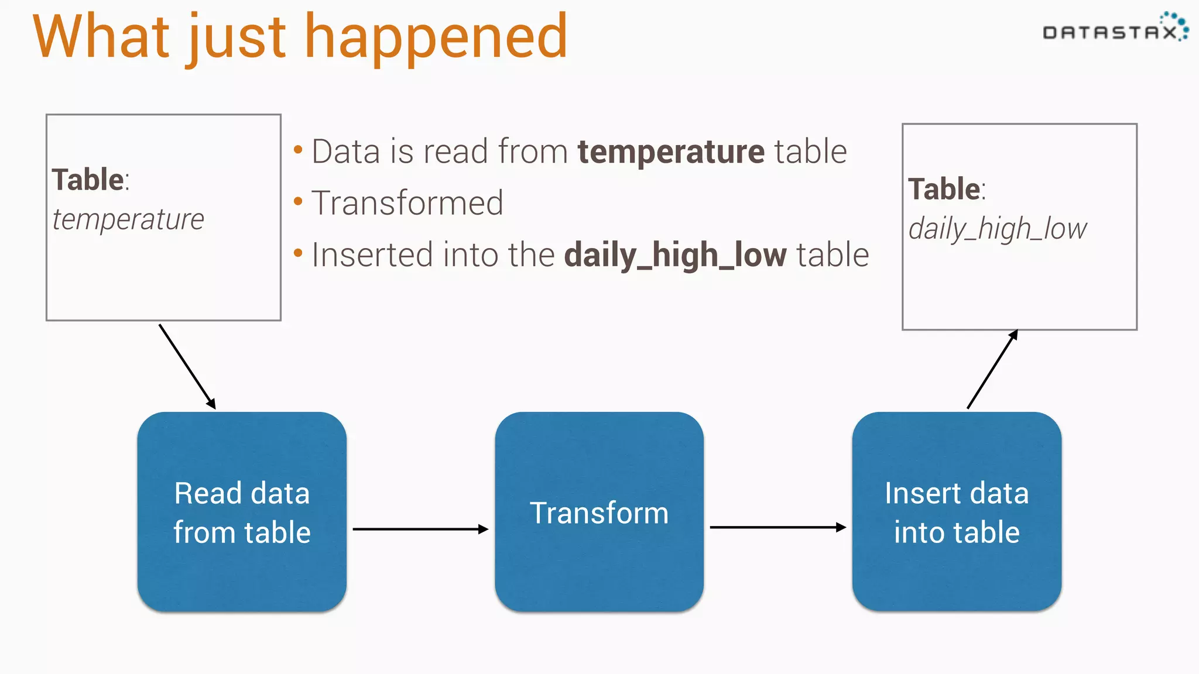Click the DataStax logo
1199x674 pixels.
(x=1115, y=29)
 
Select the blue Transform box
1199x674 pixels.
(x=599, y=512)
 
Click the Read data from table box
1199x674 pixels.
(x=242, y=512)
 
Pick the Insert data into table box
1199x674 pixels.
(x=957, y=512)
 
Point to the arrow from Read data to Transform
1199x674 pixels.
(x=420, y=529)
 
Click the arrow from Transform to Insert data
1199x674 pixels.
(x=777, y=527)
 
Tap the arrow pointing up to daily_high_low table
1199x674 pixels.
(x=992, y=369)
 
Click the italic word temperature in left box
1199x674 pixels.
(x=128, y=220)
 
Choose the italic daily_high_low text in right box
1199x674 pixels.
(x=997, y=229)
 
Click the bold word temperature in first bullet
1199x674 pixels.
(x=671, y=152)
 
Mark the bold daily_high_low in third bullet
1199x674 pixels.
(x=675, y=256)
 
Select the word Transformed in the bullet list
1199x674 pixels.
(x=407, y=204)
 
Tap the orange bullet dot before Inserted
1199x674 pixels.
(x=298, y=253)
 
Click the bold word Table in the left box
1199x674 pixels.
(x=88, y=180)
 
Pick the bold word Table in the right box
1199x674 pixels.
(x=944, y=189)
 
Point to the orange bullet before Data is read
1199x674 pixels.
(x=298, y=150)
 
